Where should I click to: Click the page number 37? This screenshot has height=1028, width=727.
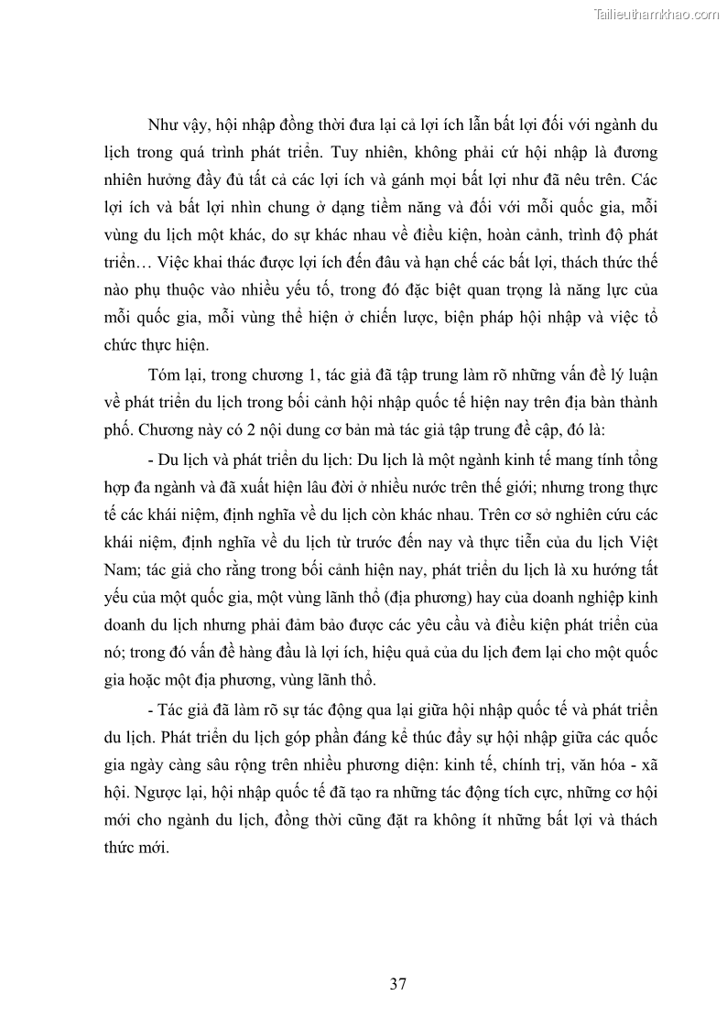[x=397, y=985]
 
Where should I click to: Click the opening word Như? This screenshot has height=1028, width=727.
[x=163, y=124]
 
